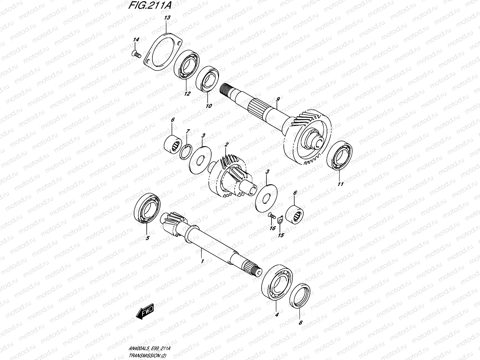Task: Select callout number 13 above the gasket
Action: (167, 18)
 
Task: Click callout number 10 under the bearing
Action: (209, 106)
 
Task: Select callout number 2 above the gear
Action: (226, 145)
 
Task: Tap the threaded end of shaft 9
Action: (226, 89)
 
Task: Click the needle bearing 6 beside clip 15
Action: (295, 214)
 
